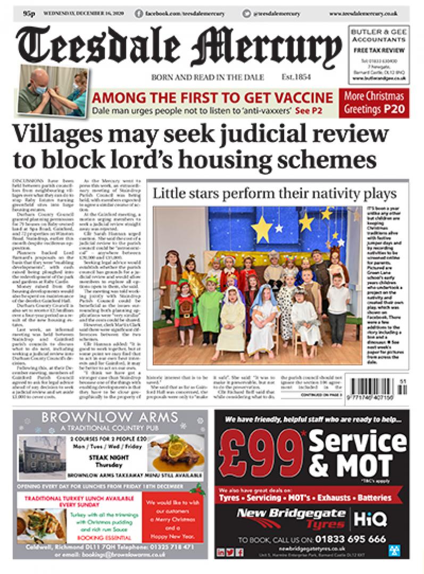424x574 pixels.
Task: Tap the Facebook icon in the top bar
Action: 139,12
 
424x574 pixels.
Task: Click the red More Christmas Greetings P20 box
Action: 374,104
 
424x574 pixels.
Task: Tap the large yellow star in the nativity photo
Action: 262,229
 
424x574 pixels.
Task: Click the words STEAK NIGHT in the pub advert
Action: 105,457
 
